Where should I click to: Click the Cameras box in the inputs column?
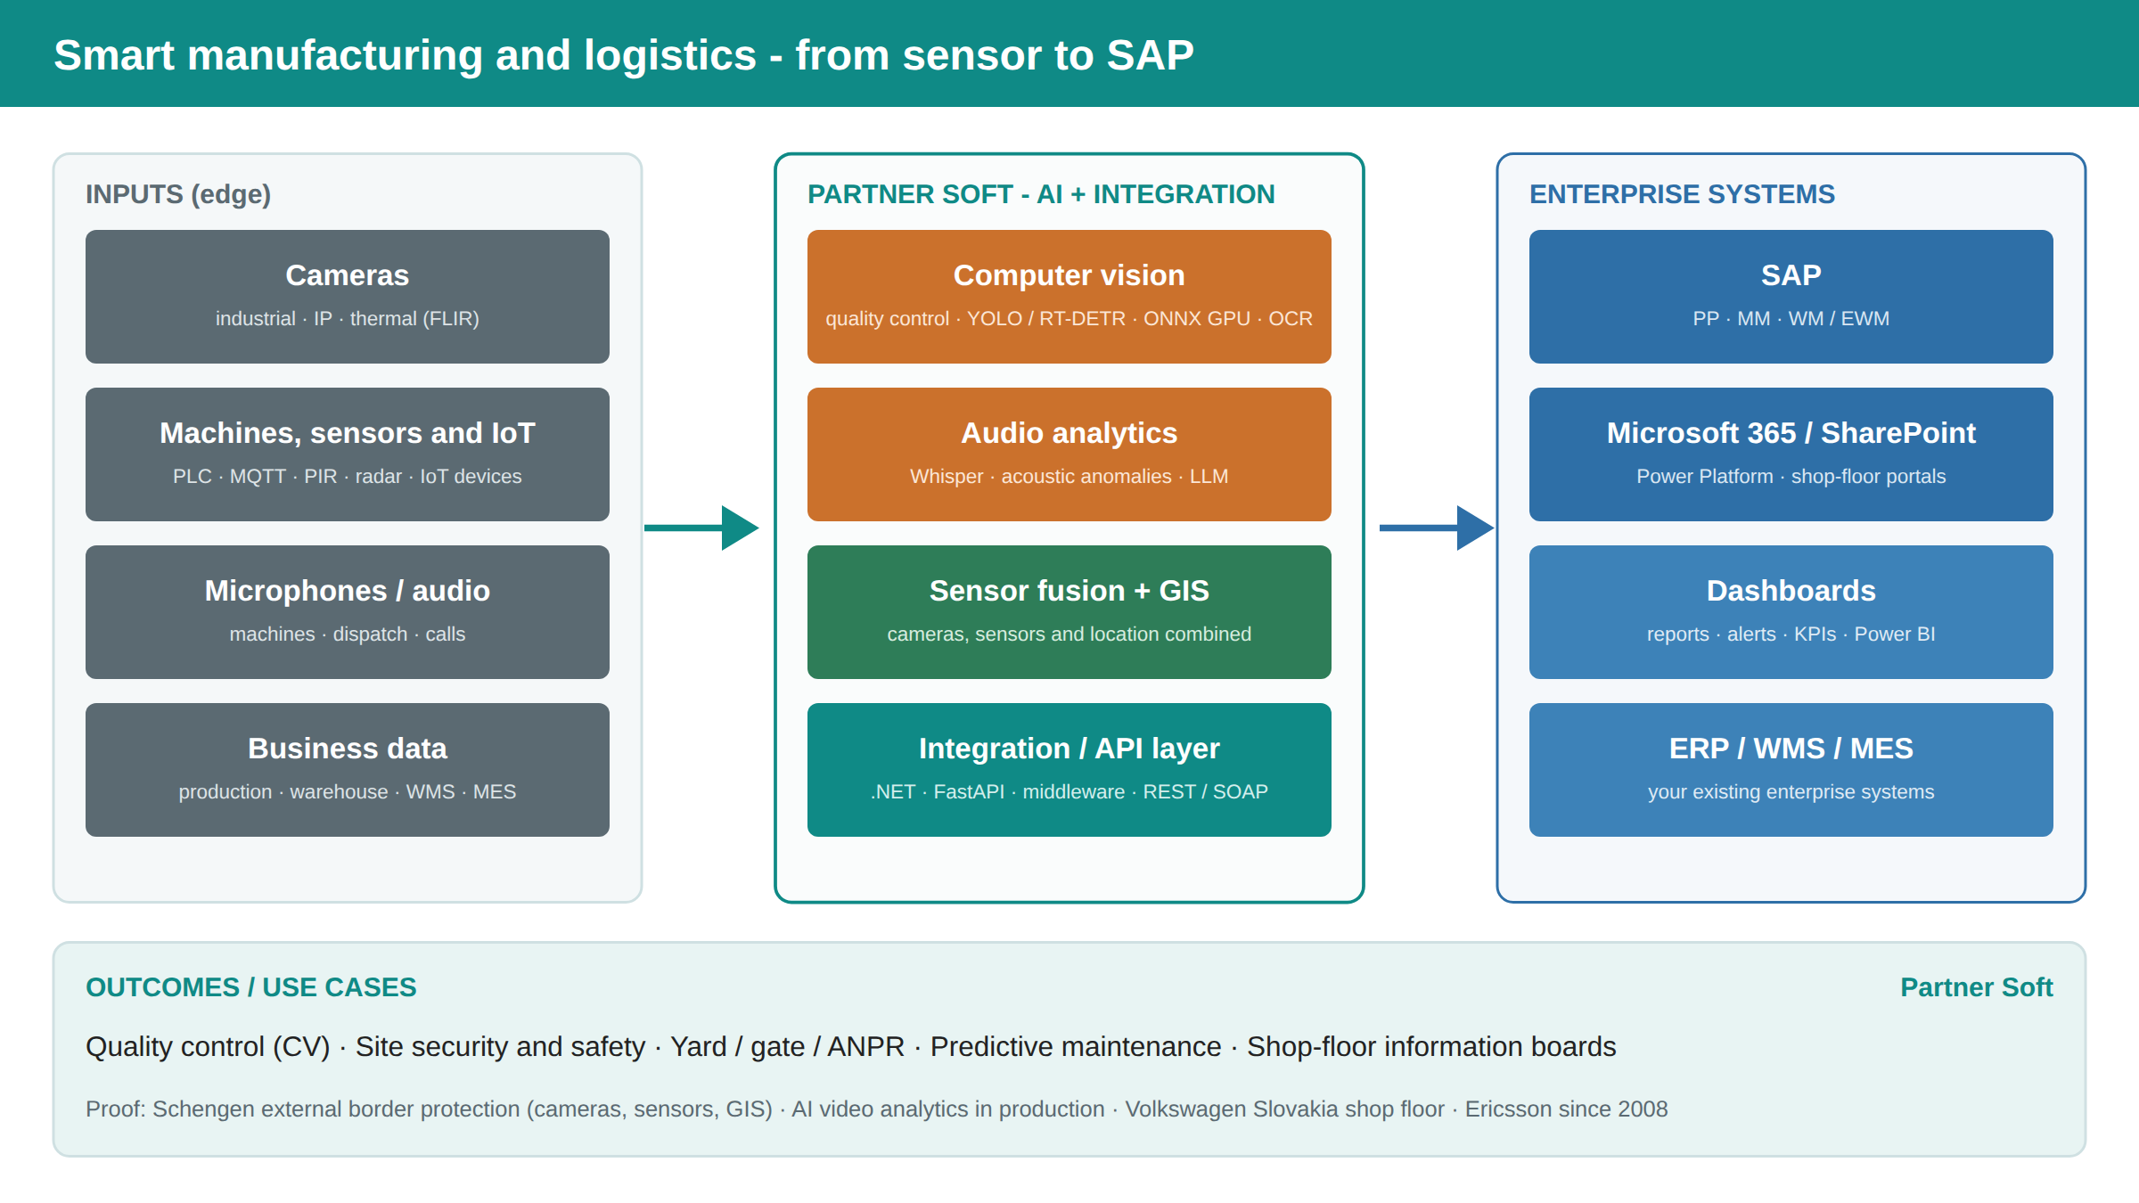coord(348,297)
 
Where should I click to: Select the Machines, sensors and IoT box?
coord(348,454)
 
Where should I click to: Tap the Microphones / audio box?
coord(348,612)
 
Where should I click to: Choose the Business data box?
coord(348,770)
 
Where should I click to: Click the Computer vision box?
coord(1069,297)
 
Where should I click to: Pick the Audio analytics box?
coord(1069,454)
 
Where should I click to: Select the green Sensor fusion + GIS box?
coord(1069,612)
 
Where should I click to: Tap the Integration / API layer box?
coord(1069,770)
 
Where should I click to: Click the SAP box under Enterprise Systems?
coord(1791,297)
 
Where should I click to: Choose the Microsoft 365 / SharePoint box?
coord(1791,454)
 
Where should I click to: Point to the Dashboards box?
coord(1791,612)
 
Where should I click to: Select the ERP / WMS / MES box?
coord(1791,770)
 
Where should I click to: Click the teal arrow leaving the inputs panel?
coord(701,528)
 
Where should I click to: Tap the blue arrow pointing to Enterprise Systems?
coord(1437,528)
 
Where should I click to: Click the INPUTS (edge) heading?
coord(178,194)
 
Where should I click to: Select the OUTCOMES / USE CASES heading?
coord(251,987)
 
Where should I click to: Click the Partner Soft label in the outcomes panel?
coord(1977,987)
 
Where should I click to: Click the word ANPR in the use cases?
coord(866,1046)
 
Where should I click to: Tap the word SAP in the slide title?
coord(1150,55)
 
